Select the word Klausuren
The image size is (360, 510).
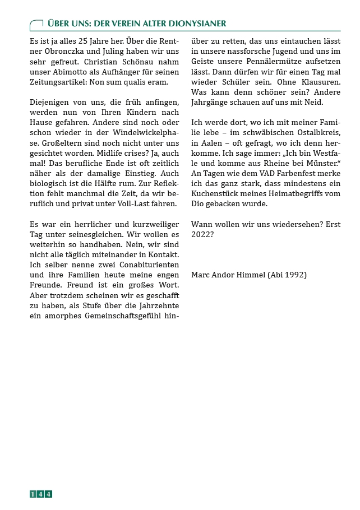click(x=319, y=82)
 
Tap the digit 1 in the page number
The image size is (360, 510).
click(x=33, y=494)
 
